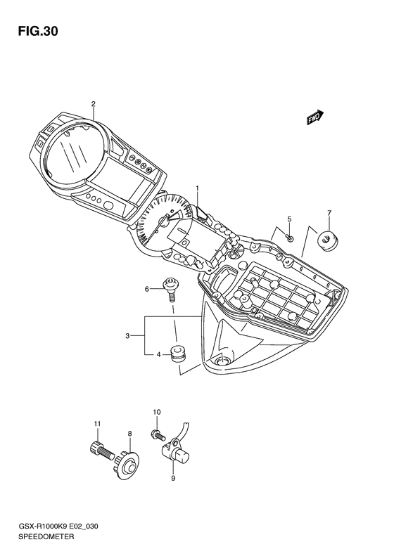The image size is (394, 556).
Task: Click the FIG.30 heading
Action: point(38,32)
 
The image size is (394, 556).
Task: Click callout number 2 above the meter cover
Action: point(94,103)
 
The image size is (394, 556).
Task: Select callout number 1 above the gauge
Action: point(198,188)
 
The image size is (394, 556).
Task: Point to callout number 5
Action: point(289,219)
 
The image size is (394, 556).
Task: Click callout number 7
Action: point(329,213)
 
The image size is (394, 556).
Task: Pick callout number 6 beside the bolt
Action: point(146,290)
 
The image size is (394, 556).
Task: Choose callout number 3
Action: point(127,336)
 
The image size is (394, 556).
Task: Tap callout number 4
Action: point(159,354)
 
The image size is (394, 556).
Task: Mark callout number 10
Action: point(156,412)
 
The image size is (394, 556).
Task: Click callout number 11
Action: point(97,423)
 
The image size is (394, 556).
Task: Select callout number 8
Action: point(129,433)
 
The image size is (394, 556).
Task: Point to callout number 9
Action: point(173,479)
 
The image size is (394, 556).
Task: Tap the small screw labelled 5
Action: point(289,238)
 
